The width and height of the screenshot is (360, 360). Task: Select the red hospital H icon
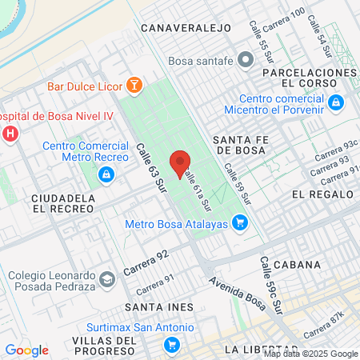click(10, 133)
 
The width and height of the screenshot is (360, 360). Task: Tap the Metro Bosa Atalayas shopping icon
click(239, 223)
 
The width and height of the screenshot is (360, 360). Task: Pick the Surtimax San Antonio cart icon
click(170, 345)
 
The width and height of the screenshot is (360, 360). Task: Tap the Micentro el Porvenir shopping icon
click(337, 102)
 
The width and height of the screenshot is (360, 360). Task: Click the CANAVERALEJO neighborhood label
click(186, 28)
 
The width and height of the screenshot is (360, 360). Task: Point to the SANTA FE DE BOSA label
click(245, 144)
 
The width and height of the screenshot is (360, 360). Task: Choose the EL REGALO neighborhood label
click(322, 194)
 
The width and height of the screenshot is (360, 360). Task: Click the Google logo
click(26, 350)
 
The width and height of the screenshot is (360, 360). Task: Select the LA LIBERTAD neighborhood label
click(257, 350)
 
